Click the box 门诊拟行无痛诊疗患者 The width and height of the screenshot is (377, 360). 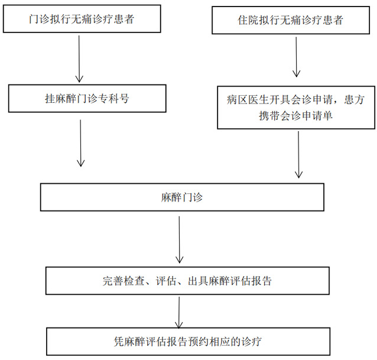(x=82, y=20)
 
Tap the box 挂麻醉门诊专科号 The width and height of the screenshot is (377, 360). (x=87, y=99)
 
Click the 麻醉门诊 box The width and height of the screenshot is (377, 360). (x=181, y=197)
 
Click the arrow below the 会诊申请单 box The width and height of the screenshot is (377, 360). (x=299, y=154)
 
